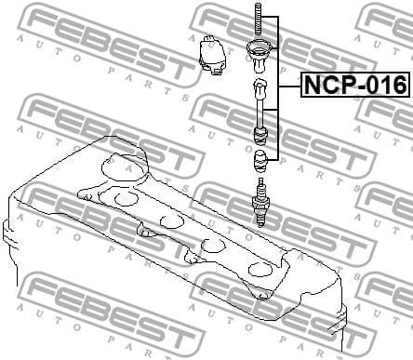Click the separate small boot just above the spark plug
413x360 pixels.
coord(261,159)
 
